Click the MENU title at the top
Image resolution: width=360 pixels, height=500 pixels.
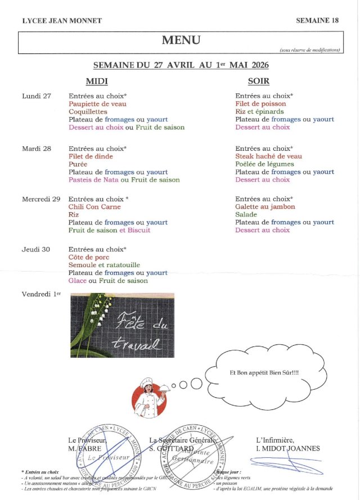181,40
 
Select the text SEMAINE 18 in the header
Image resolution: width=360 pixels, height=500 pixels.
317,21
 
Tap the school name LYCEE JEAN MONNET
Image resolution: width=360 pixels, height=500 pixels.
62,21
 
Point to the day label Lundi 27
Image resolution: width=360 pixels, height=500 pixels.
37,96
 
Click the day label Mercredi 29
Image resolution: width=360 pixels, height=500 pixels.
41,199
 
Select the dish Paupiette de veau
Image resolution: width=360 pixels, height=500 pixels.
97,104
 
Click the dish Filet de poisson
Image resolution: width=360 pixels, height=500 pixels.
260,104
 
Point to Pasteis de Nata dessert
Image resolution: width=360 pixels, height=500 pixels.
93,180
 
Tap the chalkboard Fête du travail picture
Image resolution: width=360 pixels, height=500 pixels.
122,325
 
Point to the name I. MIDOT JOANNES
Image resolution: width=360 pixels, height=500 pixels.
288,448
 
